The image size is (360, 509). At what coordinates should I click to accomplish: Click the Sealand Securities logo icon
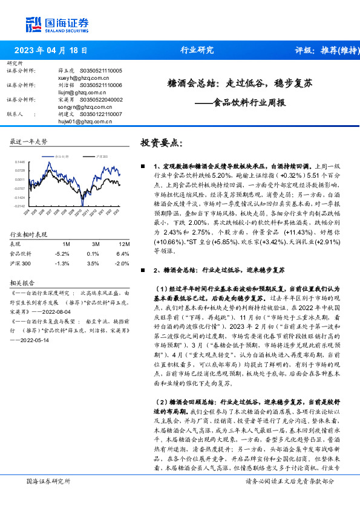tap(33, 24)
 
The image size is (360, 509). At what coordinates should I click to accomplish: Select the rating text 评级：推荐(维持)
tap(324, 51)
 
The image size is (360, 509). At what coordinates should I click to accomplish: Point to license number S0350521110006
tap(100, 86)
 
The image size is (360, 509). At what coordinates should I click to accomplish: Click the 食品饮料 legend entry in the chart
tap(60, 156)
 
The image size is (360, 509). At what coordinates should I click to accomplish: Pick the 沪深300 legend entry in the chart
tap(99, 156)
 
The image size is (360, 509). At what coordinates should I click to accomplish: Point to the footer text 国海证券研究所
tap(49, 499)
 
